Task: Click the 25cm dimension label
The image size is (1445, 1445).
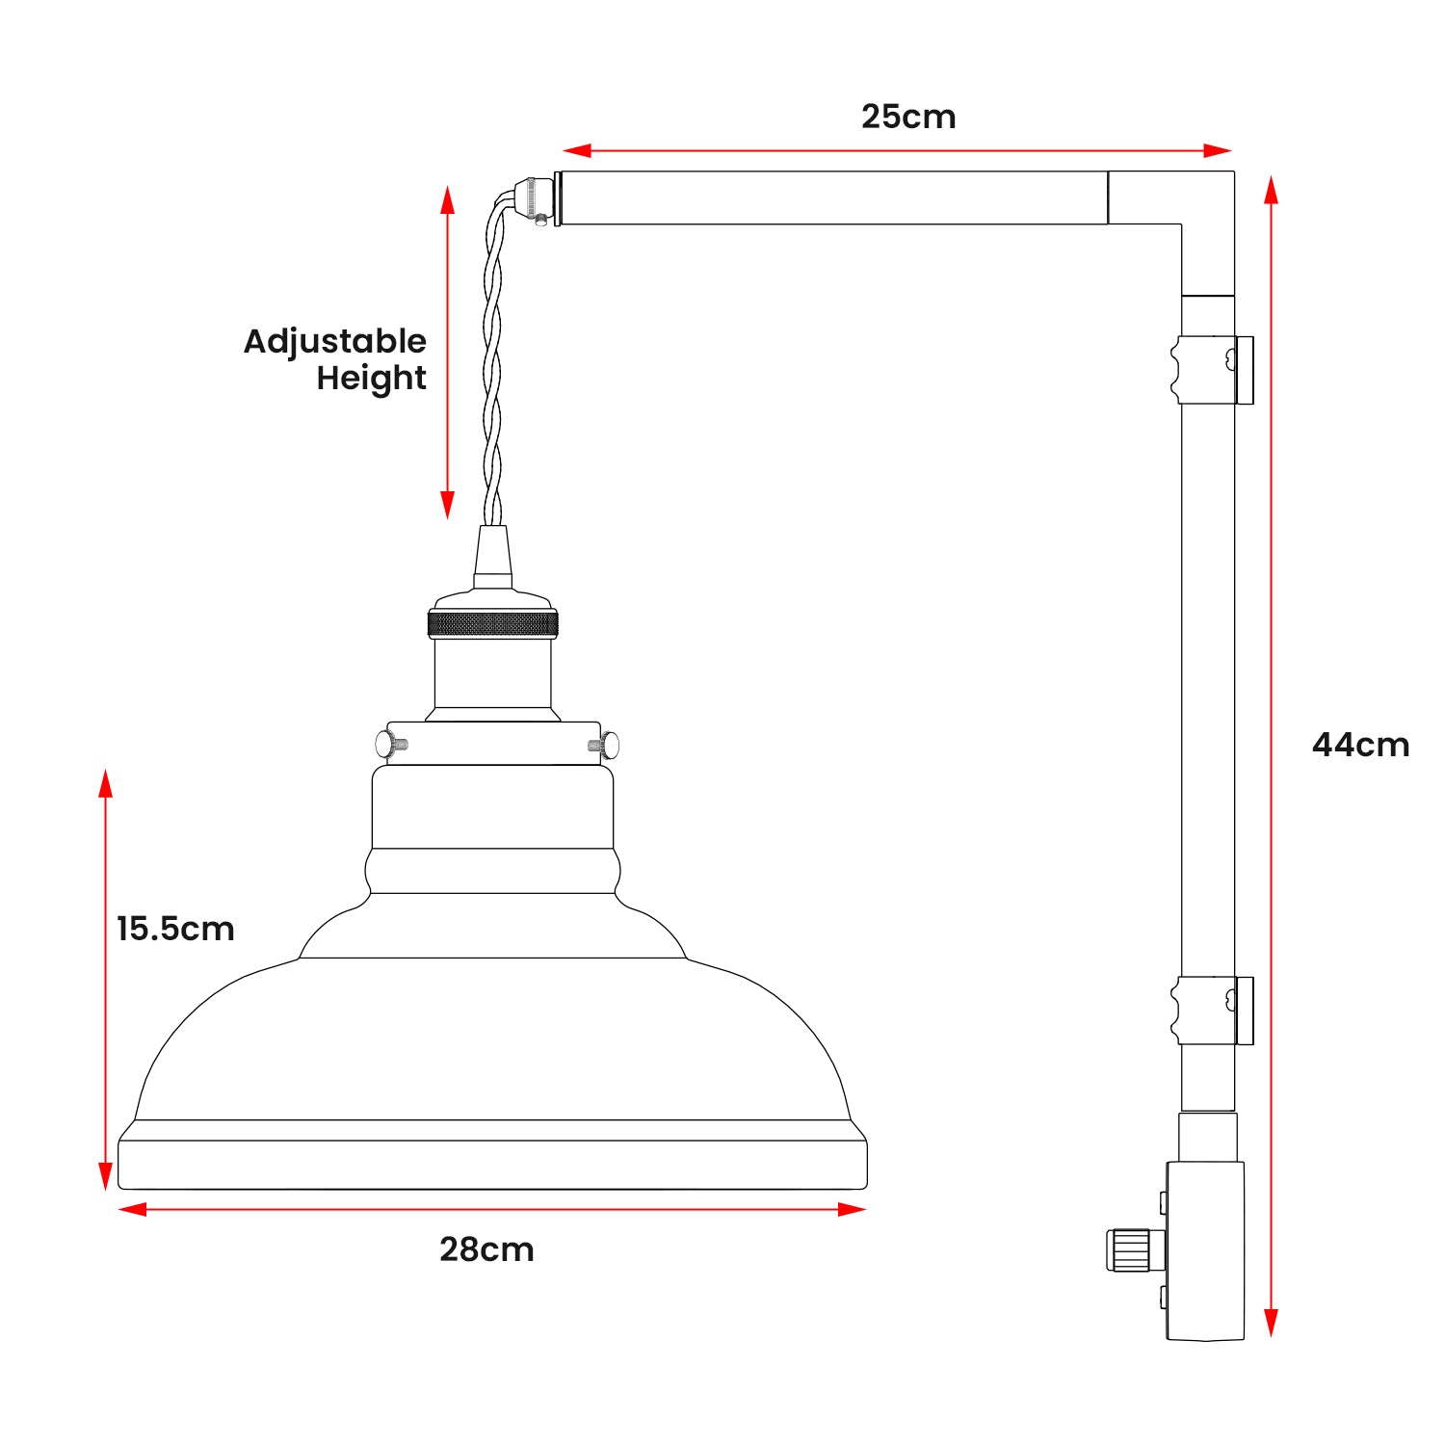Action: (x=908, y=117)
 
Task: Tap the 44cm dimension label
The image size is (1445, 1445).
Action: (x=1360, y=745)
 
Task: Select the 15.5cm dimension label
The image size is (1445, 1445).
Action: (x=175, y=929)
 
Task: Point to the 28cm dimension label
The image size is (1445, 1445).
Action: (x=486, y=1249)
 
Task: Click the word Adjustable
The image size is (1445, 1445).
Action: (x=334, y=341)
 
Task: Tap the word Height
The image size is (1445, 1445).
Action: (x=371, y=379)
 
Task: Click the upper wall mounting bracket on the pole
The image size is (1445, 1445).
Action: (x=1211, y=370)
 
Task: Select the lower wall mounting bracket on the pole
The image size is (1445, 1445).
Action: (x=1211, y=1011)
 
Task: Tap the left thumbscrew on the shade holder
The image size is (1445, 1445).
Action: (x=389, y=744)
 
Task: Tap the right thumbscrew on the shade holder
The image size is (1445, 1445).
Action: (x=605, y=745)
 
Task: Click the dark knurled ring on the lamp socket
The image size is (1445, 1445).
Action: (x=492, y=623)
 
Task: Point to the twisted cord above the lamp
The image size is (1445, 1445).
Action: (x=493, y=366)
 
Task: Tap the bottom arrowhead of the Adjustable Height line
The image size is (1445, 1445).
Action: (x=447, y=505)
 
